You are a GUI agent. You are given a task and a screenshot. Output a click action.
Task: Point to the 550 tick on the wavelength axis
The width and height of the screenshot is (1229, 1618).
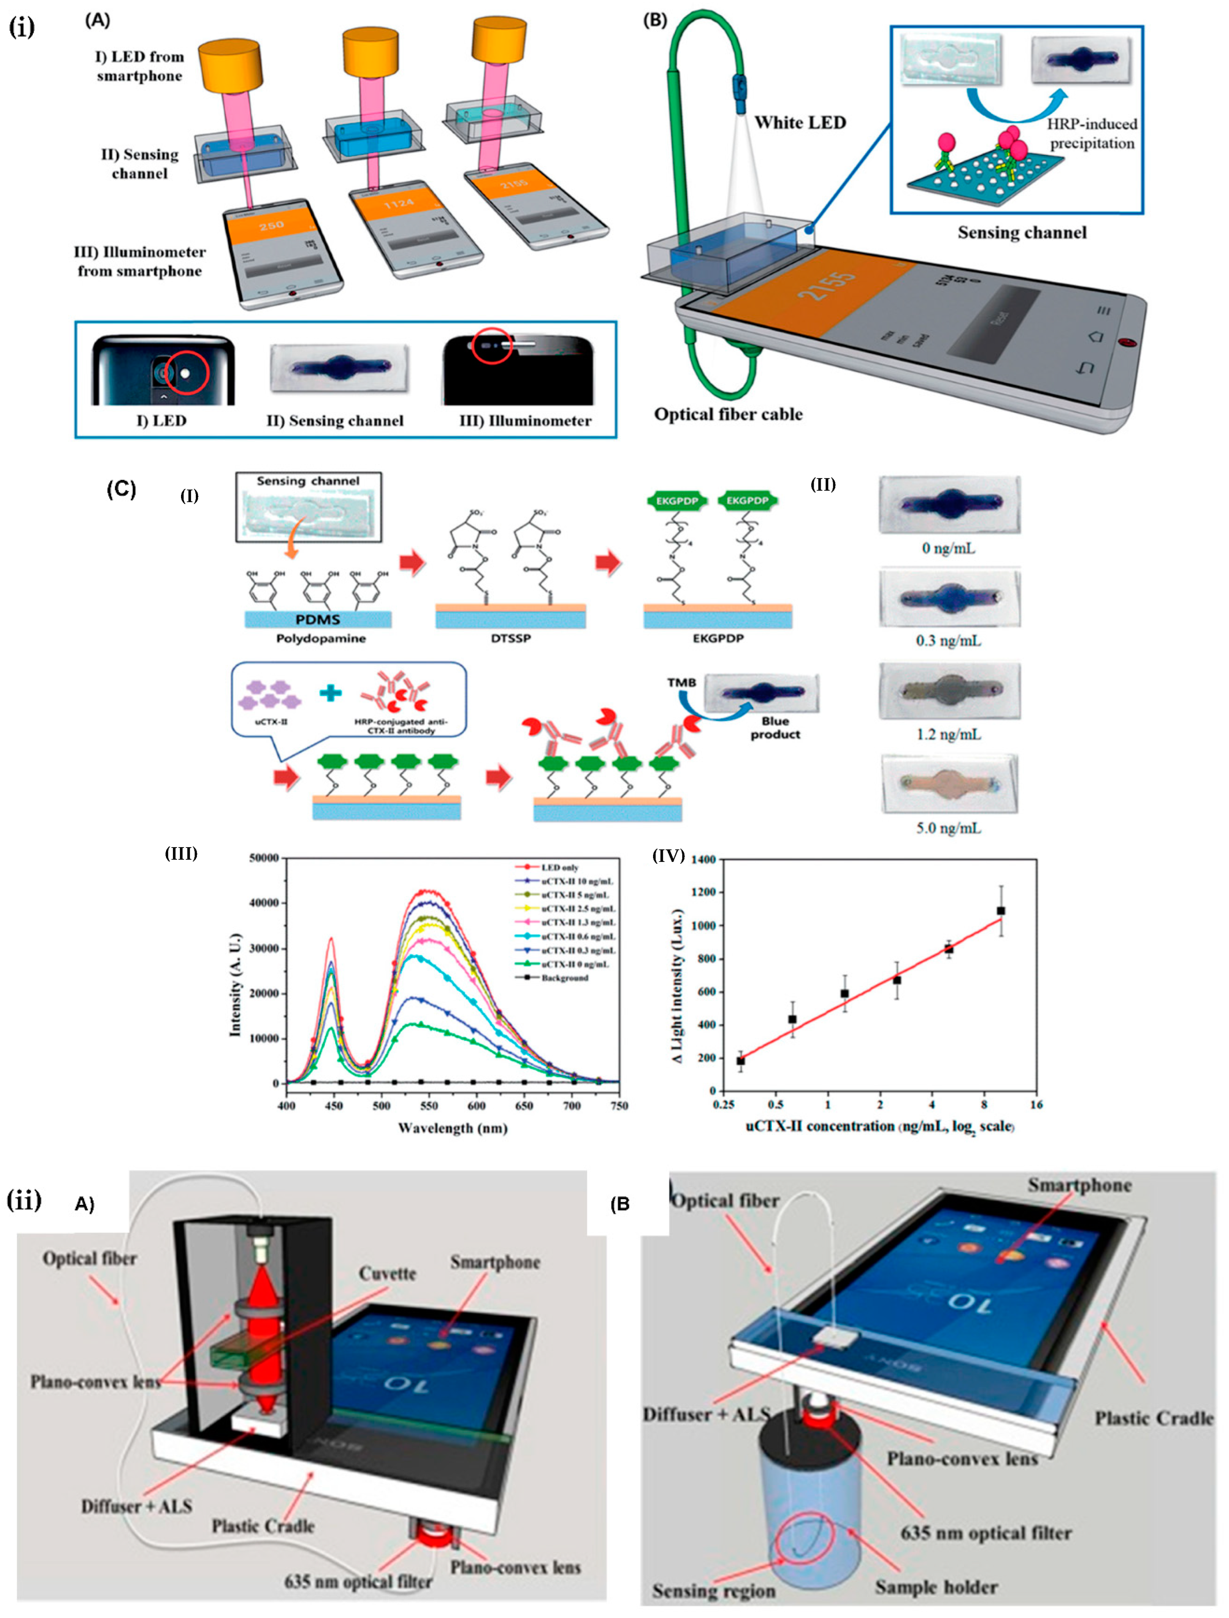click(x=429, y=1106)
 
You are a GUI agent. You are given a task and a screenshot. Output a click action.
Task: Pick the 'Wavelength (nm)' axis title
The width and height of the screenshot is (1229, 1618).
click(x=452, y=1128)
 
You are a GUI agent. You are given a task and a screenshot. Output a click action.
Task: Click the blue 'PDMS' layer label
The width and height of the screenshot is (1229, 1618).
click(x=318, y=619)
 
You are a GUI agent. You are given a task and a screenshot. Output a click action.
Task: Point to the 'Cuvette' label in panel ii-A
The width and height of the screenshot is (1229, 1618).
click(x=387, y=1274)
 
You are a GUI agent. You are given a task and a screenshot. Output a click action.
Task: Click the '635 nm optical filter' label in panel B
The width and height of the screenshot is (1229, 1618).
click(x=985, y=1533)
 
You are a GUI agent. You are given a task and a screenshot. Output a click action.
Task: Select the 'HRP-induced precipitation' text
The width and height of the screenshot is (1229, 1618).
click(x=1092, y=133)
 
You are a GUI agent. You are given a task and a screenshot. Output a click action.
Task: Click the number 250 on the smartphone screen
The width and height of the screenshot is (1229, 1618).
click(x=271, y=225)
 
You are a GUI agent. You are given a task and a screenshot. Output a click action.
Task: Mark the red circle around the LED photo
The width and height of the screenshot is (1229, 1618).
click(x=186, y=373)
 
